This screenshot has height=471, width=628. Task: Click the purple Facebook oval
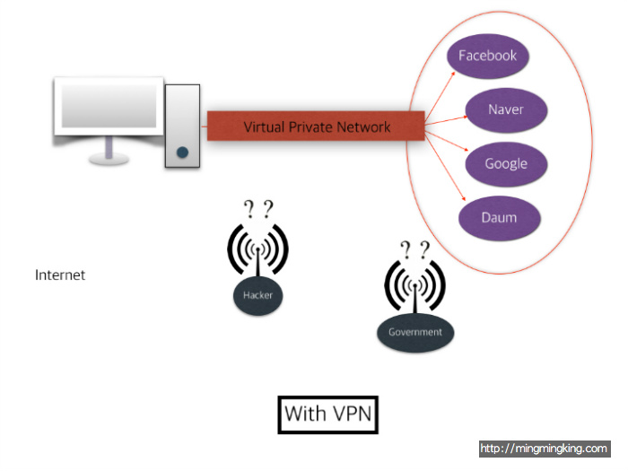pos(488,57)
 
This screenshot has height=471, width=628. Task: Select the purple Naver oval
pos(505,110)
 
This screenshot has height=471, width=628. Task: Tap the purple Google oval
pos(505,164)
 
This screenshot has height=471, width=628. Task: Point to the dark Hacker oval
pos(257,296)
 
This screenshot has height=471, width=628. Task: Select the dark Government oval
pos(415,332)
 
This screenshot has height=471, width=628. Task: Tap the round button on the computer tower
pos(182,153)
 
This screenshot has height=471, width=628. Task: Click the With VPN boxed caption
pos(327,414)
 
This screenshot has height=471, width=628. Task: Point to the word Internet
pos(60,275)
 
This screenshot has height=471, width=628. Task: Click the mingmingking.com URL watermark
pos(544,449)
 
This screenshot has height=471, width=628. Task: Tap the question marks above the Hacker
pos(257,209)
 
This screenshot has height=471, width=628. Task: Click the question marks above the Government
pos(414,249)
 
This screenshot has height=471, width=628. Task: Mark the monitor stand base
pos(109,159)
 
